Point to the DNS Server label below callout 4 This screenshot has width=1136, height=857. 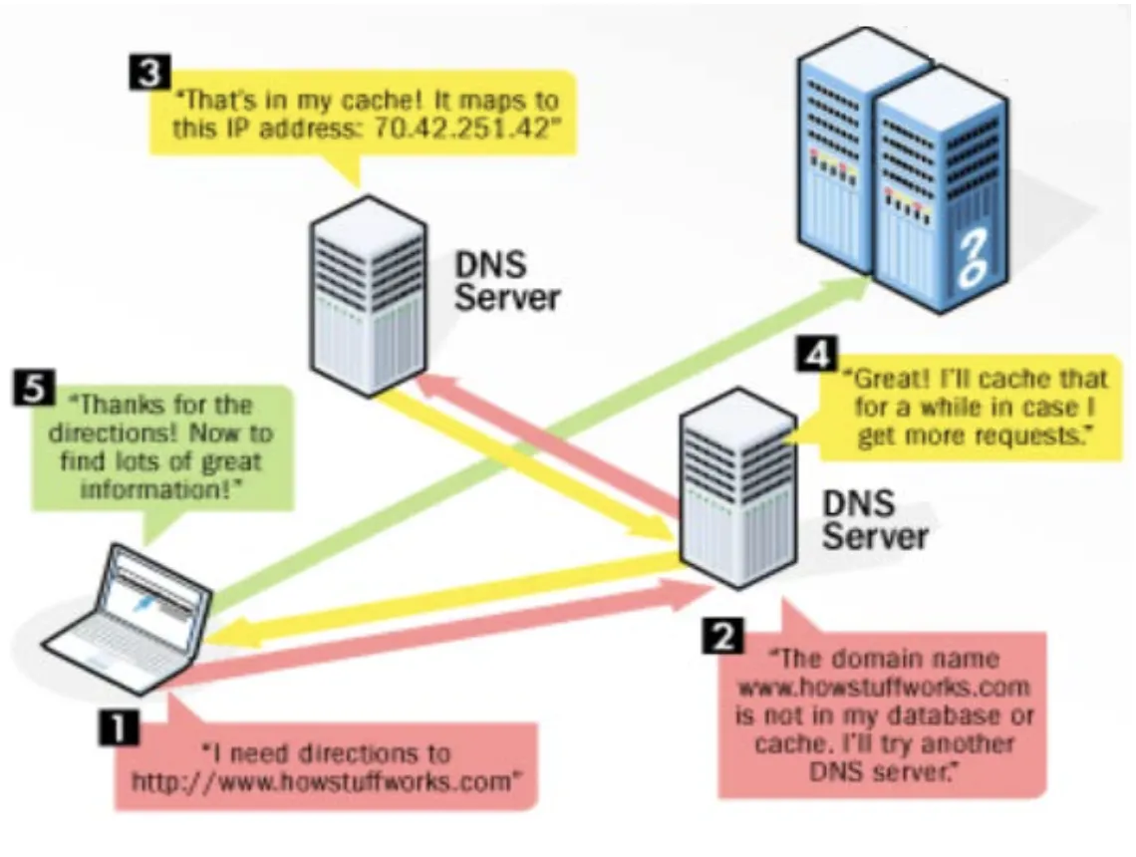[874, 519]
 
